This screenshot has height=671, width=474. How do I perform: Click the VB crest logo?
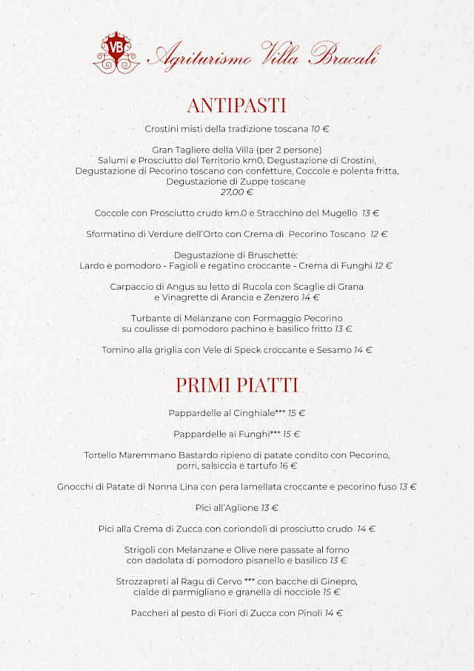116,52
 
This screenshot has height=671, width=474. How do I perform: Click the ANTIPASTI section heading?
236,105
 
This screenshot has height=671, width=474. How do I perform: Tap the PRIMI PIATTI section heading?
236,385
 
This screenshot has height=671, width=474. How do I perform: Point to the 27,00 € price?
236,192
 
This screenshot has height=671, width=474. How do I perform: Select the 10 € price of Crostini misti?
320,129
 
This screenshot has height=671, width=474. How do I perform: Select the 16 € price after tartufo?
288,466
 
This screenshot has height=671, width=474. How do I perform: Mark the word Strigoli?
140,550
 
